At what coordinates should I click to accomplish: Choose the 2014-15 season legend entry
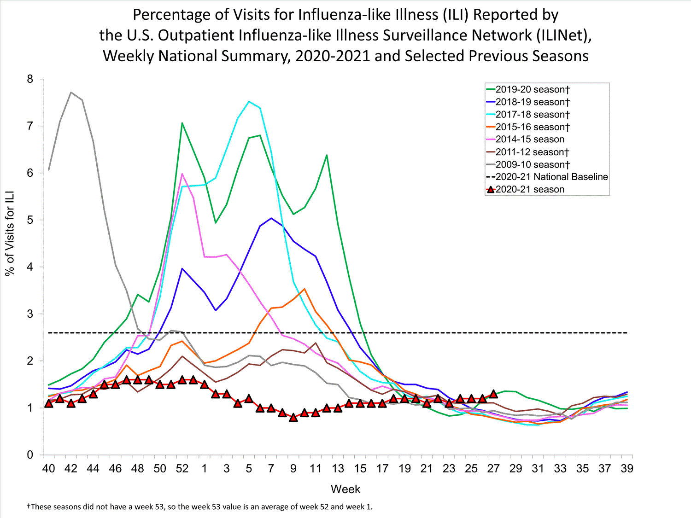pyautogui.click(x=530, y=139)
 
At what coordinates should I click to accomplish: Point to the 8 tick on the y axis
pyautogui.click(x=30, y=79)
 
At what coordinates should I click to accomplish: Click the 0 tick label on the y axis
pyautogui.click(x=30, y=455)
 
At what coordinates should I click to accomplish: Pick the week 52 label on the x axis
pyautogui.click(x=182, y=469)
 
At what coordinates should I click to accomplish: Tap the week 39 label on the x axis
pyautogui.click(x=627, y=469)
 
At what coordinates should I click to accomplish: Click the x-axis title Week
pyautogui.click(x=345, y=489)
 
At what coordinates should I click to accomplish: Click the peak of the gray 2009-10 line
pyautogui.click(x=71, y=92)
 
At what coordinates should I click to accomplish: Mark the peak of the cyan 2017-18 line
pyautogui.click(x=249, y=101)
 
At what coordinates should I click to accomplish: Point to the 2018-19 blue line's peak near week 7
pyautogui.click(x=271, y=218)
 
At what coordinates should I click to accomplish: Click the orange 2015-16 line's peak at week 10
pyautogui.click(x=305, y=289)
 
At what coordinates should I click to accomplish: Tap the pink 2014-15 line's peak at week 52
pyautogui.click(x=182, y=174)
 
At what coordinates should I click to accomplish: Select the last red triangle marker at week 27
pyautogui.click(x=493, y=394)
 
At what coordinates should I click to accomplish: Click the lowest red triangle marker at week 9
pyautogui.click(x=293, y=418)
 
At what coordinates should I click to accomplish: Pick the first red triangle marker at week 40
pyautogui.click(x=49, y=403)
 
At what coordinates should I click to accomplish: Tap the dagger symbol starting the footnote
pyautogui.click(x=29, y=506)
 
